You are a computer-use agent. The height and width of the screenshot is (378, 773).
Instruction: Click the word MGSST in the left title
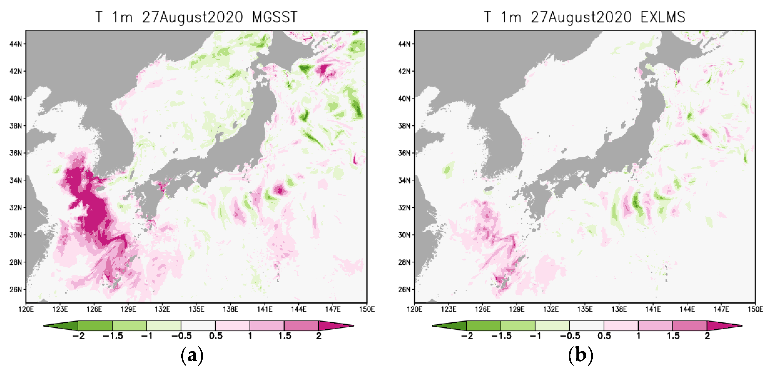[274, 17]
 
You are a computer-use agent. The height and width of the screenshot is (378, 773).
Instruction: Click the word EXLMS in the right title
[663, 17]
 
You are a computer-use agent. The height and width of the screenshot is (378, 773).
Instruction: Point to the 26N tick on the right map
[404, 290]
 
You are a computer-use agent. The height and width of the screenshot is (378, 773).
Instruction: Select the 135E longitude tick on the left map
[196, 309]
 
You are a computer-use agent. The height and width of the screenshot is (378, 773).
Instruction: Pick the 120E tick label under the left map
[26, 309]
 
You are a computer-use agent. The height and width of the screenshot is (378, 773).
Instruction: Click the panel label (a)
[192, 355]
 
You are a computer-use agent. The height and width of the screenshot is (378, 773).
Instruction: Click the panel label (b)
[580, 355]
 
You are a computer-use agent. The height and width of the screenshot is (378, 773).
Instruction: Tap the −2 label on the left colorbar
[78, 336]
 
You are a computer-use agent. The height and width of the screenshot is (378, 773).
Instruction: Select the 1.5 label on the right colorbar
[673, 336]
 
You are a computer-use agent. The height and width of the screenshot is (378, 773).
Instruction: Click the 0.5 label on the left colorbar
[216, 336]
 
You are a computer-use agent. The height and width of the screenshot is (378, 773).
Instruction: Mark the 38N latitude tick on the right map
[404, 126]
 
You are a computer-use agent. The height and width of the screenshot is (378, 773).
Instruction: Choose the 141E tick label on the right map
[653, 309]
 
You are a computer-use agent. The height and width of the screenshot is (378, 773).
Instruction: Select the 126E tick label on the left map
[94, 309]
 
